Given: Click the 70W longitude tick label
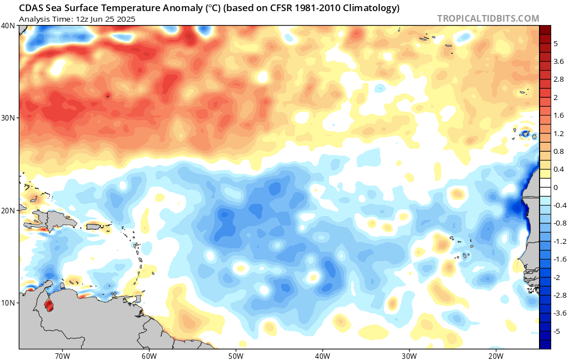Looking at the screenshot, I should [62, 356].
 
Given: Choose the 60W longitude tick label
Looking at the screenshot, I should [148, 356].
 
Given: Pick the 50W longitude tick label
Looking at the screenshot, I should [236, 356].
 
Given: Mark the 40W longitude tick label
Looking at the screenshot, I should [322, 356].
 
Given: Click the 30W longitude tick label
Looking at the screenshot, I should [409, 356].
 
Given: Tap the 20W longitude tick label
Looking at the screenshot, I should [496, 356].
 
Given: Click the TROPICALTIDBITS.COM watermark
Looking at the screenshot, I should [488, 18].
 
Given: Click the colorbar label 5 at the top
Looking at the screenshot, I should [556, 43].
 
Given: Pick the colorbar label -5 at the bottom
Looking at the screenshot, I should [557, 331].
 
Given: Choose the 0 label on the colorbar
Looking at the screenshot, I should [556, 187].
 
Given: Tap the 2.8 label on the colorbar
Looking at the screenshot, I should [558, 79].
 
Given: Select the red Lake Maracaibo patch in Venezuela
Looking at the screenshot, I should [48, 305].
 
